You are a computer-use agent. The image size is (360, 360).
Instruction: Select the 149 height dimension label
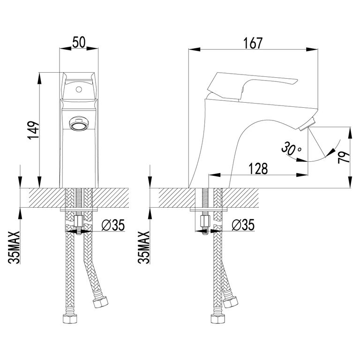[34, 130]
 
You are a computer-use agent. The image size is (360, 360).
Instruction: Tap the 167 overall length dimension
[253, 43]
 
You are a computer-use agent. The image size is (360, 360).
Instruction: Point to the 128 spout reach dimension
[258, 169]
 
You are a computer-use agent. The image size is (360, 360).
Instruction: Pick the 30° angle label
[291, 149]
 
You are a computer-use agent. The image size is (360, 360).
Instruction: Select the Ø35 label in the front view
[113, 225]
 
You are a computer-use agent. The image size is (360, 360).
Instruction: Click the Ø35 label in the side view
[243, 225]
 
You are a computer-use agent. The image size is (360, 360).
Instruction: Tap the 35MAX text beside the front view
[14, 247]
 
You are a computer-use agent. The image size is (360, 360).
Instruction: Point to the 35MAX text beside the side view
[144, 247]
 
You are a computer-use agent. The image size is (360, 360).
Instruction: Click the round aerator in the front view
[79, 123]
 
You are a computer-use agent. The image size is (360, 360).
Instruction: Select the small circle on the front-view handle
[79, 89]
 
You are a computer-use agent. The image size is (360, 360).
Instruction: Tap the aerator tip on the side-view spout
[307, 124]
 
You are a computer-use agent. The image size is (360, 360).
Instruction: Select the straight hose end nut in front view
[70, 319]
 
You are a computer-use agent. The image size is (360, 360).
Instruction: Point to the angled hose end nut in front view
[101, 302]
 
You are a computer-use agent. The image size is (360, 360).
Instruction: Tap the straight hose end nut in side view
[218, 319]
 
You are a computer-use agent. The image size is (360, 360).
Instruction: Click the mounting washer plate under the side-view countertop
[209, 210]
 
